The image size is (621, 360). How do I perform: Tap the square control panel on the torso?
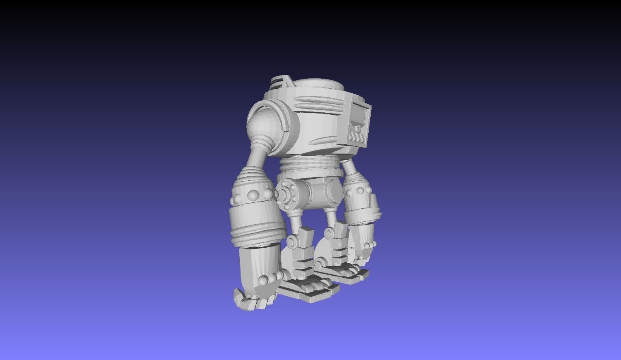click(x=359, y=124)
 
